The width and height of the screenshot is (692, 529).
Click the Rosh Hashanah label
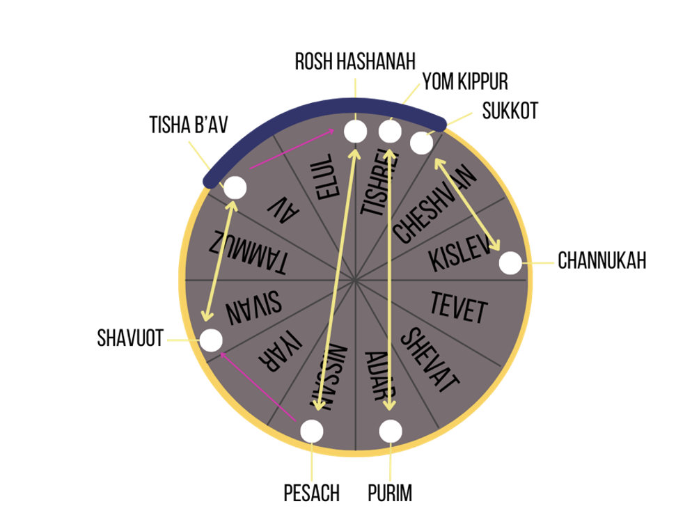(x=355, y=61)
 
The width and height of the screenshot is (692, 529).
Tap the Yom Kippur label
(x=465, y=81)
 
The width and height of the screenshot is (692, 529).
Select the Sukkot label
(x=510, y=111)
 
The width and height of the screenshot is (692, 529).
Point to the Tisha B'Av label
(x=189, y=125)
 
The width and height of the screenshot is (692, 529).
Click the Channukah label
(x=602, y=260)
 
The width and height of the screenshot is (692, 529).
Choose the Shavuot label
(x=130, y=338)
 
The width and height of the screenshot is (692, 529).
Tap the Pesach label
(x=312, y=493)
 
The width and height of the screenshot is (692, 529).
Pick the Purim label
(x=390, y=493)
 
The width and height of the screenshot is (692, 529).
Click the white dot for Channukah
(x=510, y=263)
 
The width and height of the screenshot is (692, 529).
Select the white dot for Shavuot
(x=211, y=340)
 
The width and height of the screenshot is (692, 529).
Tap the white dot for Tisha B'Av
(x=235, y=187)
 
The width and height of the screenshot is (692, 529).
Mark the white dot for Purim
(x=391, y=431)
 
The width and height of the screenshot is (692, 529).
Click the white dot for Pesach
(x=312, y=431)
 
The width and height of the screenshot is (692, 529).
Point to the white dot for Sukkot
(x=421, y=143)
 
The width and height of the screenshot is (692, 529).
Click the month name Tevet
(x=459, y=308)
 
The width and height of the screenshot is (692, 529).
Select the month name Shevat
(x=430, y=360)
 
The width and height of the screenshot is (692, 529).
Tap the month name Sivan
(x=253, y=308)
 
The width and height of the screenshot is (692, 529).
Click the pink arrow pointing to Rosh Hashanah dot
(x=292, y=149)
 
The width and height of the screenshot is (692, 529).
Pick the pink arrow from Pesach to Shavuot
(x=258, y=387)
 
